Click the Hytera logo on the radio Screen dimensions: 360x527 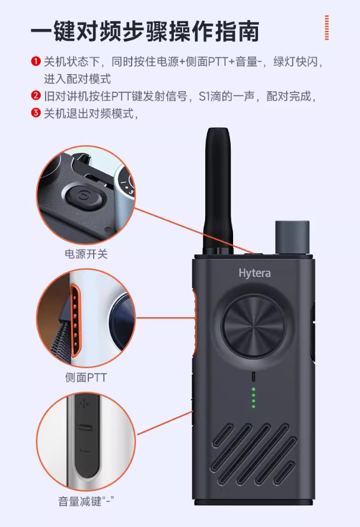254,273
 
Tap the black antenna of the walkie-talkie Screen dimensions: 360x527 218,190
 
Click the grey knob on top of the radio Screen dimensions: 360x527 292,237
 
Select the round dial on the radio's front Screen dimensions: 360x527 254,327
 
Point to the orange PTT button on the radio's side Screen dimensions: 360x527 194,322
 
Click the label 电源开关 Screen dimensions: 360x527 86,254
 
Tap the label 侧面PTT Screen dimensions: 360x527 86,378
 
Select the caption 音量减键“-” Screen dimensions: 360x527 86,502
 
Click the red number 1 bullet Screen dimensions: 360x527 36,62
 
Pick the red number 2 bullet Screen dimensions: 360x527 36,96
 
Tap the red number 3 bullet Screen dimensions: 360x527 36,113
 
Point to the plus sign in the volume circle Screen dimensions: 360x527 84,404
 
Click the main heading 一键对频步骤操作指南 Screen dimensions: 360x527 145,31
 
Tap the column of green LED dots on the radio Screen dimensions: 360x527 253,398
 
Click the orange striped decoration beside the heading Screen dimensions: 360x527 327,27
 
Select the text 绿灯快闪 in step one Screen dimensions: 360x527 295,62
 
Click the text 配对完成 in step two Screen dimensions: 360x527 289,96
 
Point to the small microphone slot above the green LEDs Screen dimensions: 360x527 253,377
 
